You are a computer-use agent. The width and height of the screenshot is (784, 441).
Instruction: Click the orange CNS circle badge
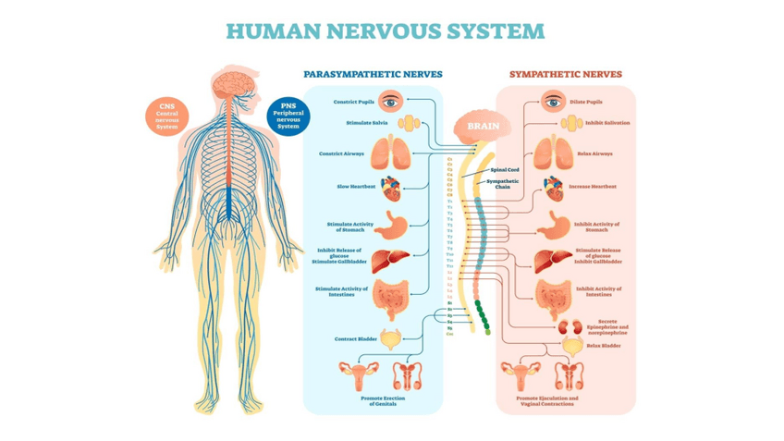click(167, 116)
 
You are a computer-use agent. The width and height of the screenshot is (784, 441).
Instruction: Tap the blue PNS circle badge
click(288, 116)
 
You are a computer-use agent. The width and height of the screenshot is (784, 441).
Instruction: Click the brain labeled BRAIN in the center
click(483, 127)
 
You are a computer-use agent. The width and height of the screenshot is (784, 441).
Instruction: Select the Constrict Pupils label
click(354, 102)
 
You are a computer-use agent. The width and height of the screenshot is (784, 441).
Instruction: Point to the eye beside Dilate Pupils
click(553, 101)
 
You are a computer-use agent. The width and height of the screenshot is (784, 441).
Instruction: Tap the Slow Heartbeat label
click(356, 187)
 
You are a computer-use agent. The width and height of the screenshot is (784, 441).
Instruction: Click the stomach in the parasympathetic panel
click(393, 225)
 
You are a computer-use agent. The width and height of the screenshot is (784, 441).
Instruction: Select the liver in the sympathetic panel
click(552, 260)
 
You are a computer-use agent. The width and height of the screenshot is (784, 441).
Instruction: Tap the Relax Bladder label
click(606, 345)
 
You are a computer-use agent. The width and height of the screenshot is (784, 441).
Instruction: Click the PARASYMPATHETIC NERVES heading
click(373, 74)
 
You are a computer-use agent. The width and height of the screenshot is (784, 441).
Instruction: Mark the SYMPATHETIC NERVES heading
click(566, 74)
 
